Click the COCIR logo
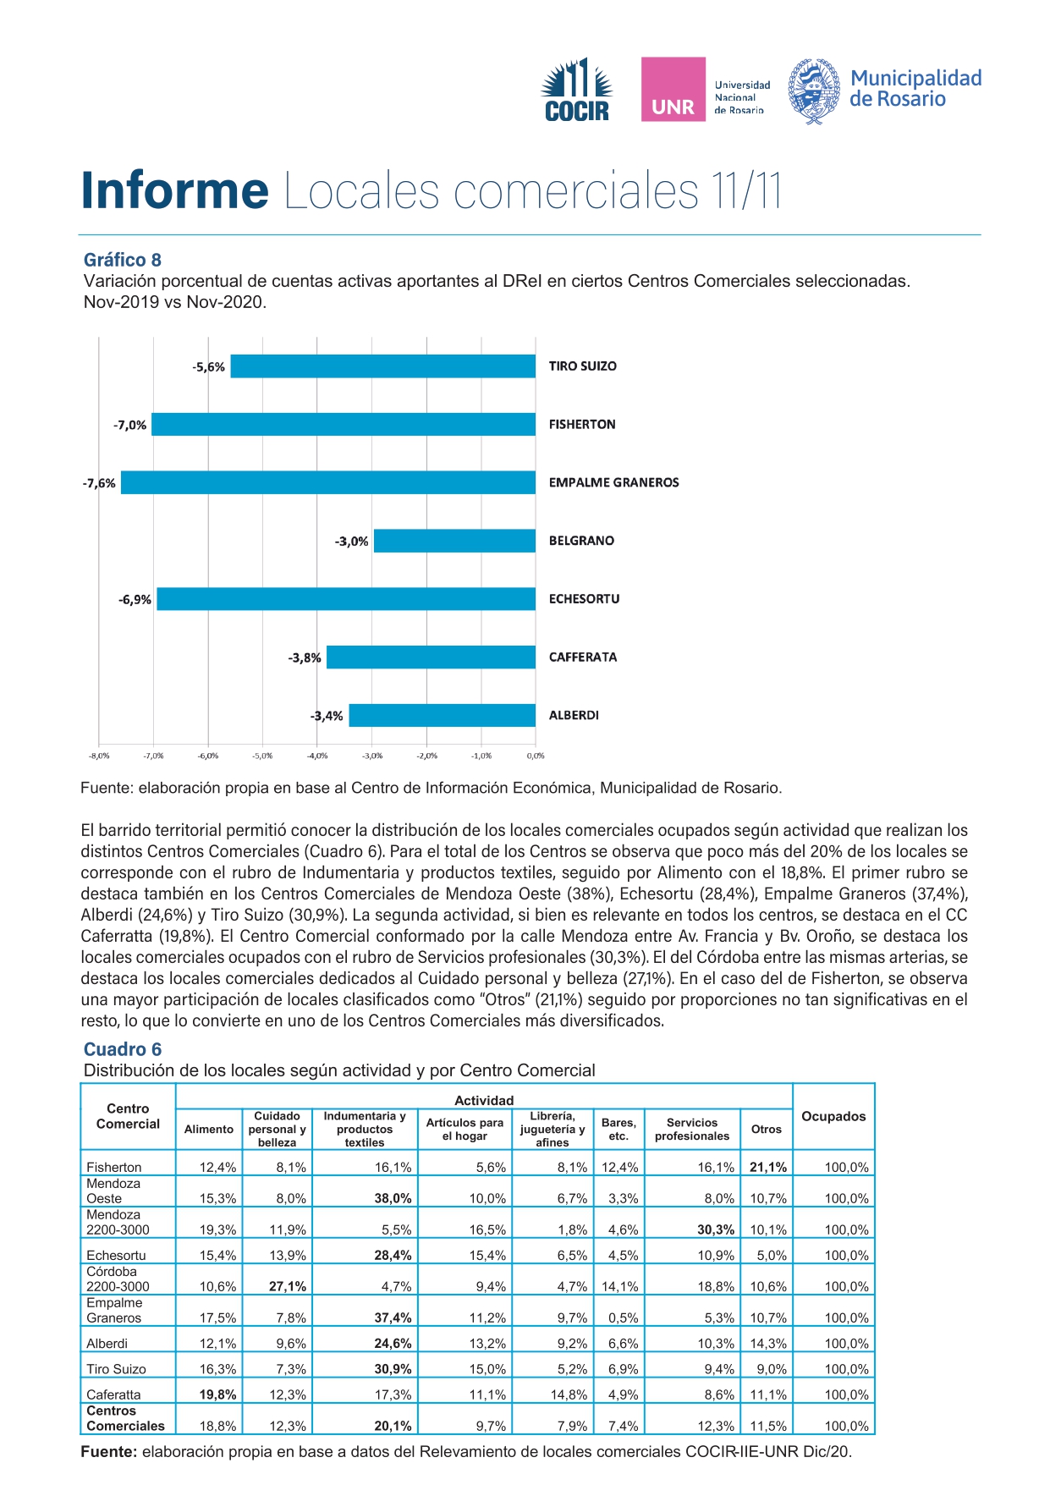point(577,90)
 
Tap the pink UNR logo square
point(673,90)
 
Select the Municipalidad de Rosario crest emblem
point(814,91)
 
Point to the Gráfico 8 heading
point(123,260)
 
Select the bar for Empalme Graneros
point(328,482)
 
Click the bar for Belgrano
point(454,541)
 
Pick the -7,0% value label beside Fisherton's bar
point(129,425)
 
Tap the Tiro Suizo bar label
point(583,366)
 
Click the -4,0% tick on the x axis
point(316,756)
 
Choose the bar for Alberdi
point(443,716)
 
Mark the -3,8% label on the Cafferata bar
point(305,657)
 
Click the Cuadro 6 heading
point(123,1049)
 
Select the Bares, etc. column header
point(618,1129)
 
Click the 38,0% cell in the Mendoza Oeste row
point(393,1198)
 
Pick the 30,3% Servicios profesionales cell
point(716,1229)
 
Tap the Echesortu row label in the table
point(116,1255)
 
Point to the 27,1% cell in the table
point(288,1286)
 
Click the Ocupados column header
point(833,1116)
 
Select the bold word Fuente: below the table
point(109,1452)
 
